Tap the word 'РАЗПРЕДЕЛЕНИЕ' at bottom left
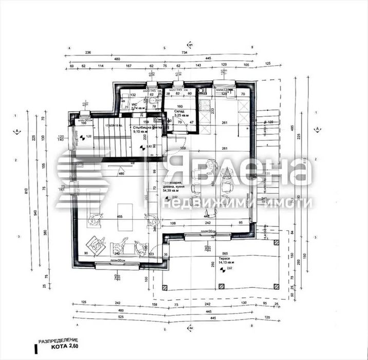[58, 340]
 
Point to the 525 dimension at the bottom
[120, 317]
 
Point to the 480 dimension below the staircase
[122, 173]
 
